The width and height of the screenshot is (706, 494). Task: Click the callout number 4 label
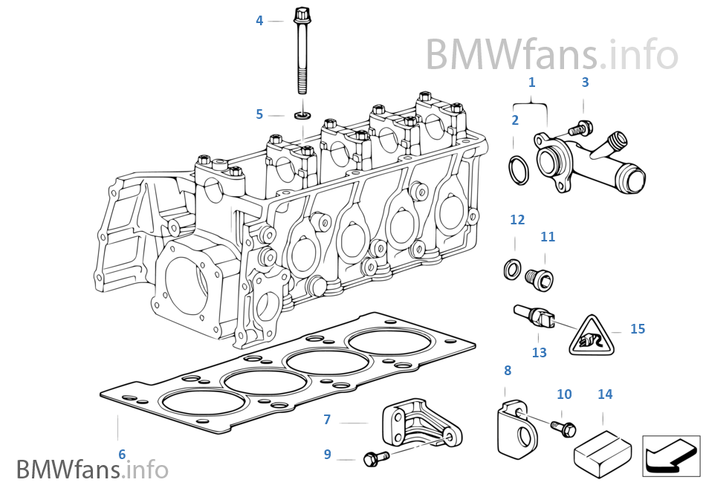pos(259,21)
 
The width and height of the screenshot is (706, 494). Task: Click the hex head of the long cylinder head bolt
pos(301,14)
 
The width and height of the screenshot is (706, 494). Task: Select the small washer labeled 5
pos(302,115)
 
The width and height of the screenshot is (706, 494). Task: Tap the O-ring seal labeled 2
pos(518,169)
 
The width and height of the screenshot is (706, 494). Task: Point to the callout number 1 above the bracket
pos(531,82)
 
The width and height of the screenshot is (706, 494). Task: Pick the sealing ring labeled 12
pos(512,267)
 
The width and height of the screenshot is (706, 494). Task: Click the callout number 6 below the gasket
pos(122,454)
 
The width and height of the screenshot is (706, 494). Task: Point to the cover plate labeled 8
pos(514,429)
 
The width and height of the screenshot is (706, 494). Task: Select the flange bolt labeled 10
pos(563,427)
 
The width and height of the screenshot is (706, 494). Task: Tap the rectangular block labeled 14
pos(603,446)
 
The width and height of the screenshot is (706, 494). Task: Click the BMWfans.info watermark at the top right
pos(551,54)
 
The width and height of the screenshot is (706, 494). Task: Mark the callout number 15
pos(638,328)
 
